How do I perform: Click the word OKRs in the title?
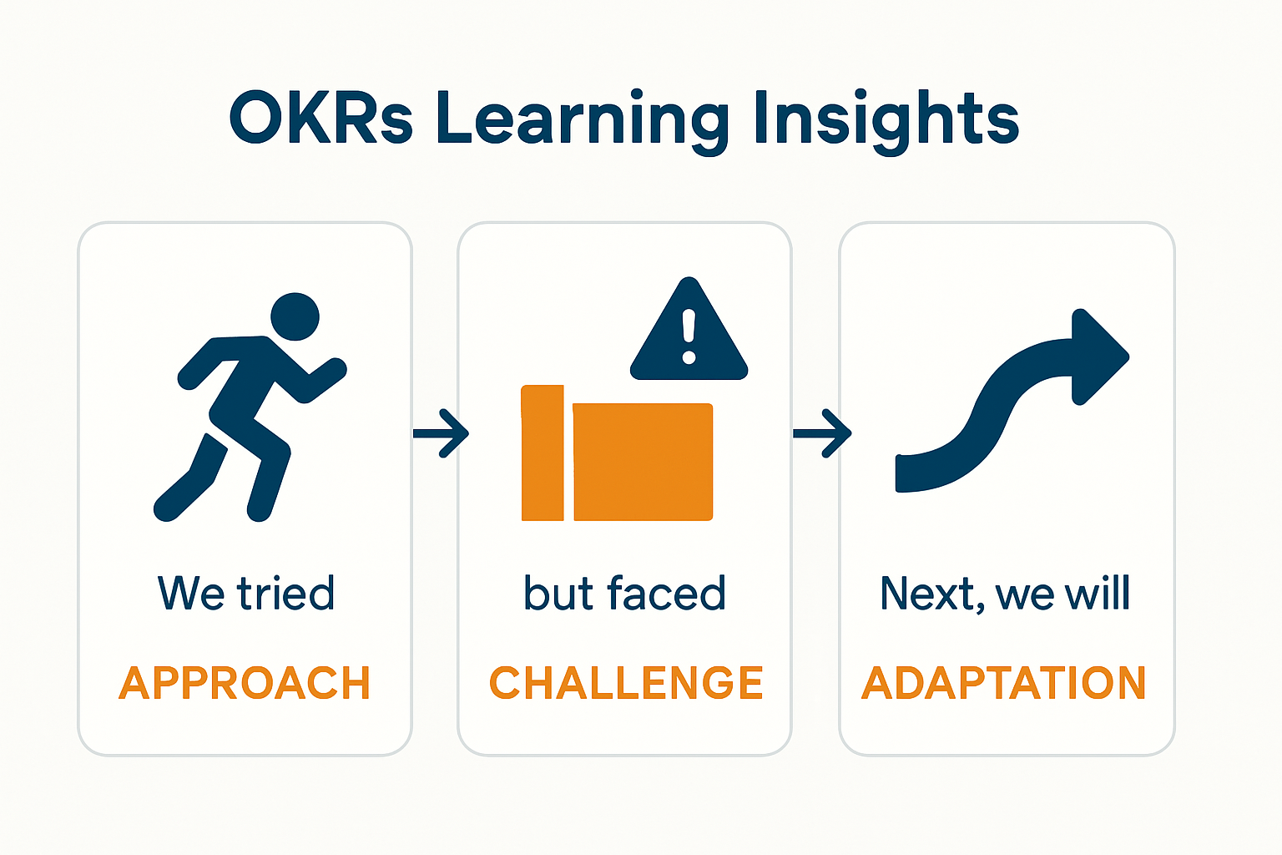320,119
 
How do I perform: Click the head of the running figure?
295,316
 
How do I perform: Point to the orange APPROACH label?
245,683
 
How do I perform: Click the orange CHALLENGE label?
626,683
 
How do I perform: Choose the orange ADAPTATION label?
1004,683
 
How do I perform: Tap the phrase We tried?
246,594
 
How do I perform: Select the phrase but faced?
624,594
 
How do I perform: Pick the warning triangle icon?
689,334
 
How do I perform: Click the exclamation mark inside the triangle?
689,336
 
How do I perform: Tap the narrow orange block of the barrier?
543,453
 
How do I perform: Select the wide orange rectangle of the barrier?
643,462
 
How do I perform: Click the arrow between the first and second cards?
442,433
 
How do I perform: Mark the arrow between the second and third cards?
822,433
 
